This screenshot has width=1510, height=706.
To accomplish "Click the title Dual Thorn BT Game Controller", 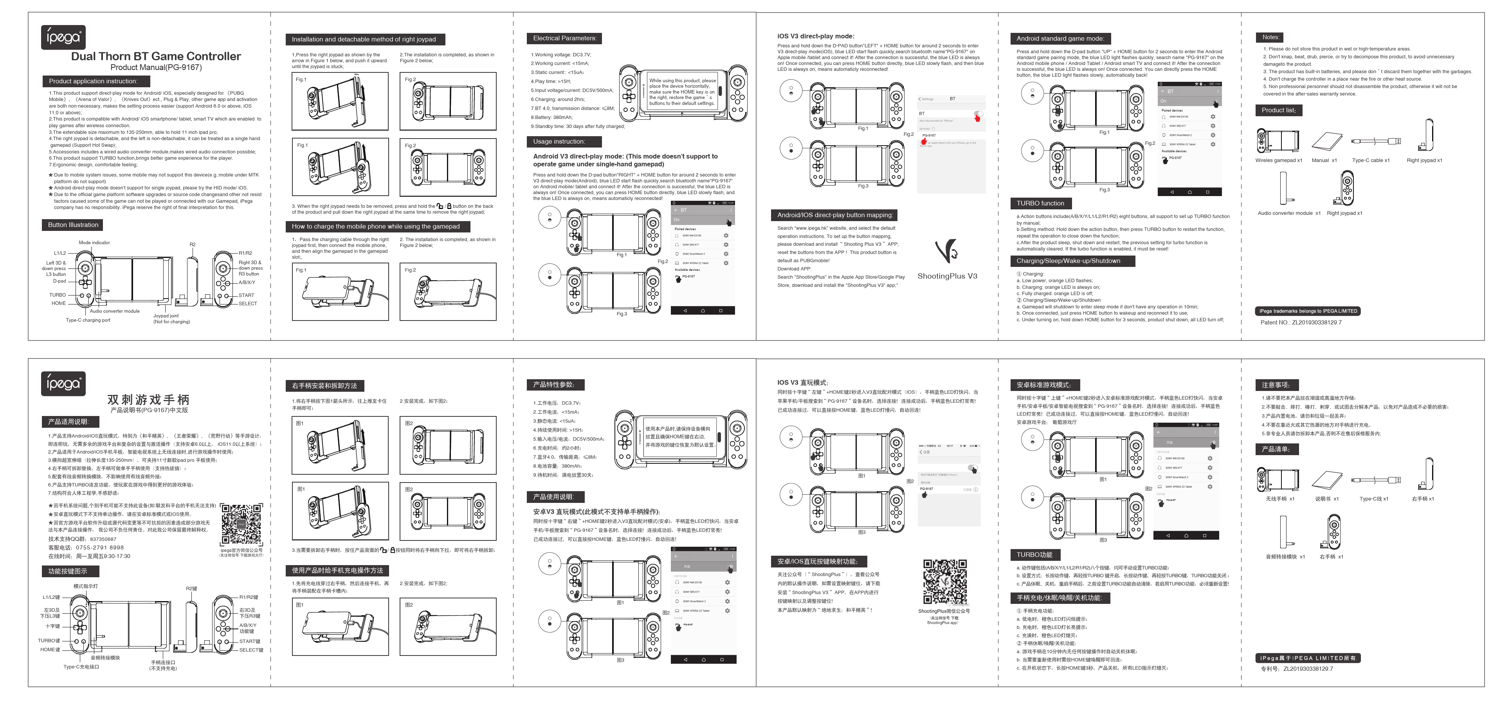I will [x=156, y=56].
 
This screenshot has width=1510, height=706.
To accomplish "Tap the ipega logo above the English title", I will [x=63, y=38].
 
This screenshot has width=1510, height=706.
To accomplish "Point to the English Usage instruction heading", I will [x=559, y=142].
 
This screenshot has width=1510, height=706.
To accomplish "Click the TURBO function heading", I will [x=1040, y=203].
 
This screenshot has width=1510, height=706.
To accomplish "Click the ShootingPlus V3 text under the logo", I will [x=947, y=276].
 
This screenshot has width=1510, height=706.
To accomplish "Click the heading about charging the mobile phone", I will [x=376, y=227].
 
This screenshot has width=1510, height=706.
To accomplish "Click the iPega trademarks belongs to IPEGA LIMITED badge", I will [x=1308, y=311].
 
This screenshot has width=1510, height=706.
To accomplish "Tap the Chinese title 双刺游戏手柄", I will [x=148, y=400].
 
